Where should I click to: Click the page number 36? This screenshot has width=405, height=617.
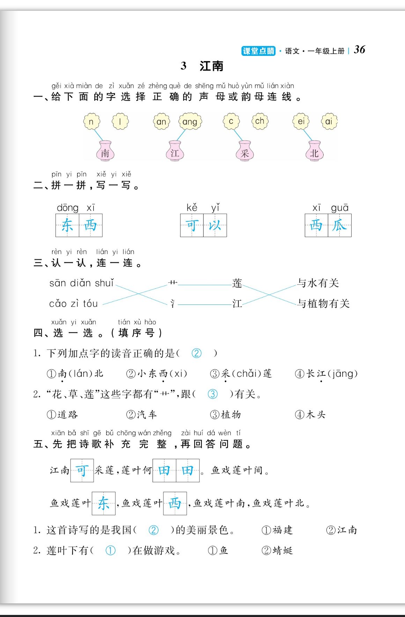[359, 50]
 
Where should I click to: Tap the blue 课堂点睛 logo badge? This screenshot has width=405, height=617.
[258, 51]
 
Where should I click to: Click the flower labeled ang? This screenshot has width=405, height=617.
[190, 122]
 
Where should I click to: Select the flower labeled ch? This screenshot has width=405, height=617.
[260, 121]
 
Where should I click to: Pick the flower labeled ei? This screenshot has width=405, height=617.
[301, 121]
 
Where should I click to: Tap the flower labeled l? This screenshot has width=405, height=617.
[120, 122]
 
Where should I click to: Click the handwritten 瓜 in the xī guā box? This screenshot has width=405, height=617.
[339, 225]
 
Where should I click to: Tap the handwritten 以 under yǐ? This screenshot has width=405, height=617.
[215, 225]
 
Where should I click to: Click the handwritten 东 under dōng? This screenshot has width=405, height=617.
[67, 225]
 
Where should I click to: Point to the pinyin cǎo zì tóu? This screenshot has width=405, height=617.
[73, 303]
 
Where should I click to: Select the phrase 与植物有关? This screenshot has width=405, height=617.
[323, 303]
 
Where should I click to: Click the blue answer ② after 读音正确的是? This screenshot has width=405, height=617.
[197, 353]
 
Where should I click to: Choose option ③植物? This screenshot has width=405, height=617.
[226, 414]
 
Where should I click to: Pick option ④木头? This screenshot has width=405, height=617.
[310, 414]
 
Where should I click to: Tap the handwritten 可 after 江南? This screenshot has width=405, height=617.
[82, 470]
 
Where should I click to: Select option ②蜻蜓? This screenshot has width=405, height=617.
[277, 551]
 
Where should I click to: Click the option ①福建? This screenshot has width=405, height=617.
[277, 530]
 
